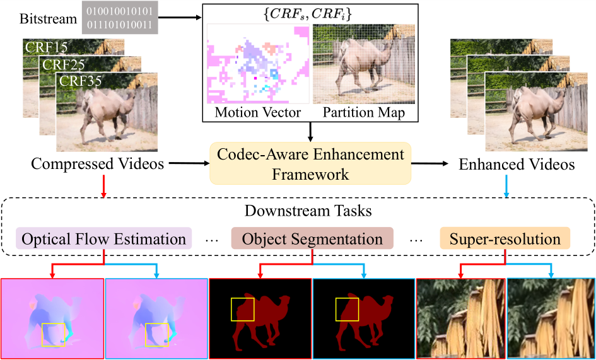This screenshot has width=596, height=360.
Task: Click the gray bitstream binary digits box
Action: click(119, 18)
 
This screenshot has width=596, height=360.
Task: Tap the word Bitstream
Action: click(49, 19)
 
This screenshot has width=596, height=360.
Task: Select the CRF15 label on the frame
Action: click(47, 47)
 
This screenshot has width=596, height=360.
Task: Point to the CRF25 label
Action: click(64, 64)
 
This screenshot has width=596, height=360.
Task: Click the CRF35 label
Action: click(79, 81)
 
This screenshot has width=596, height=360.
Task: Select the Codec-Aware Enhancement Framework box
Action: click(310, 163)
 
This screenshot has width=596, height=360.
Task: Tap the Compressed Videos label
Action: click(98, 164)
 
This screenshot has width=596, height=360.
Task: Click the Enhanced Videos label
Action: click(517, 164)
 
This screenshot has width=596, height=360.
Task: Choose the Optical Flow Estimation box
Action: click(104, 238)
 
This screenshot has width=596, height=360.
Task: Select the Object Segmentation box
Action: click(312, 238)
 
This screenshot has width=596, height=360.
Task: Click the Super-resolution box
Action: click(505, 238)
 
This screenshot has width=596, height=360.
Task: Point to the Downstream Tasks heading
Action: click(308, 211)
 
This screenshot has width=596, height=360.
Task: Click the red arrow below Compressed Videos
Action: click(105, 186)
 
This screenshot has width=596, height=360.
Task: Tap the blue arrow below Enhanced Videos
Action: click(506, 186)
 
